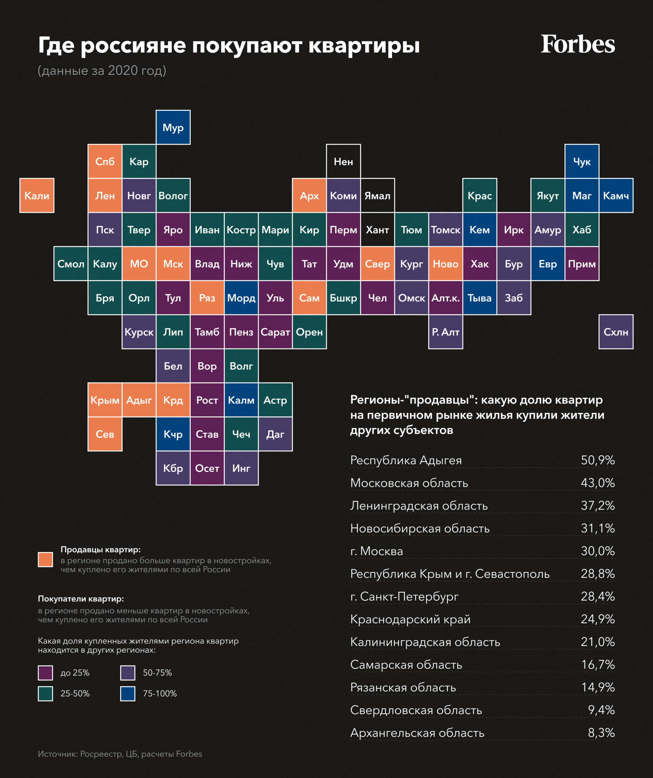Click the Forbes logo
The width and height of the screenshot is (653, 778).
tap(577, 44)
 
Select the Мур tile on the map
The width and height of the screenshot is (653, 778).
tap(173, 128)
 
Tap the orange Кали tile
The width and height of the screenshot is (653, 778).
tap(37, 196)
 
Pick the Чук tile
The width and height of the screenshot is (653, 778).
tap(582, 161)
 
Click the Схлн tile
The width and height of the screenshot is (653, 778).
tap(616, 332)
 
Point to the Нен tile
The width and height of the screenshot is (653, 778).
tap(343, 161)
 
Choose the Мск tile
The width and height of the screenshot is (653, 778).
tap(173, 264)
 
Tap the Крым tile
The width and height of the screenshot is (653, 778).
tap(105, 400)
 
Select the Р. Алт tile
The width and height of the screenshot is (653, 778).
tap(446, 332)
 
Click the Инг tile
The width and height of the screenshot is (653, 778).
tap(241, 468)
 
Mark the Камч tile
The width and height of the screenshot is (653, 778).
tap(616, 196)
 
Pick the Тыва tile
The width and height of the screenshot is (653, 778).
tap(479, 298)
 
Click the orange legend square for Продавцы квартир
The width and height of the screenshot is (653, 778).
tap(46, 560)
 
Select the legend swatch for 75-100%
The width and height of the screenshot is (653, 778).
tap(128, 694)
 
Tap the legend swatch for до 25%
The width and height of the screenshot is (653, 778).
tap(46, 673)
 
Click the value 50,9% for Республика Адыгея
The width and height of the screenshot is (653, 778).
tap(598, 460)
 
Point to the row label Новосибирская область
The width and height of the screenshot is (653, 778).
tap(420, 528)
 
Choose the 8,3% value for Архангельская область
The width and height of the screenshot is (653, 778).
tap(601, 733)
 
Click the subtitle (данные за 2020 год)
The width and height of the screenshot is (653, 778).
tap(102, 71)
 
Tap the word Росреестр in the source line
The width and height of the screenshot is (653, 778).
tap(101, 754)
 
